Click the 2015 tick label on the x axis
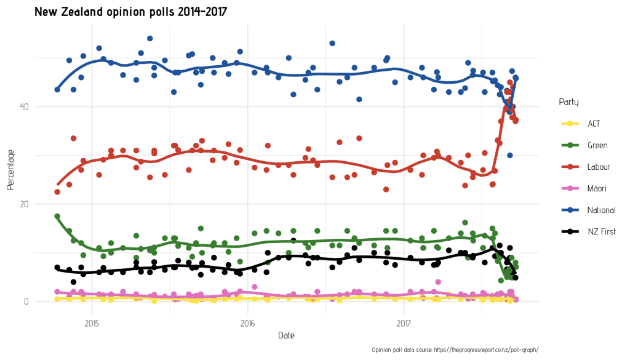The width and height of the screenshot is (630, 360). click(x=92, y=322)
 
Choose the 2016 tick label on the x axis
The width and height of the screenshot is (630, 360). click(x=248, y=322)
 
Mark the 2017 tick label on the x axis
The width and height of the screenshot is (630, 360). click(x=404, y=322)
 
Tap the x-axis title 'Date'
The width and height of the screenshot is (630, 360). click(x=285, y=335)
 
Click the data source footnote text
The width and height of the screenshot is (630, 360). click(x=455, y=350)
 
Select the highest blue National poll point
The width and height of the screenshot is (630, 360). click(x=150, y=38)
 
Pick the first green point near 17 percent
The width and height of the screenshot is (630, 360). click(x=57, y=217)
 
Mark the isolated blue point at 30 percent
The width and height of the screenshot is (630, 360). click(x=509, y=155)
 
